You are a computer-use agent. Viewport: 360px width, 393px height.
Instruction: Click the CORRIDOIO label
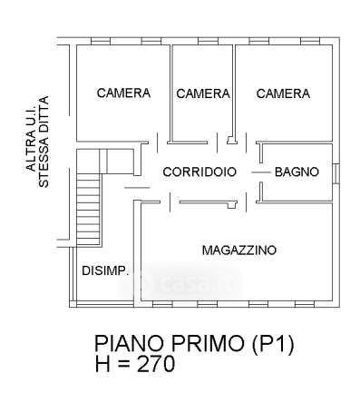click(x=199, y=172)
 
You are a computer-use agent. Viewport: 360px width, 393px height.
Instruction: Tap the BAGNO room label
click(x=297, y=172)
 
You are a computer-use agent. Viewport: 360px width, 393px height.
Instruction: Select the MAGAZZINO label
click(x=239, y=251)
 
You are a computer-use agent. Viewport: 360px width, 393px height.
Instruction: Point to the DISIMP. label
click(x=105, y=270)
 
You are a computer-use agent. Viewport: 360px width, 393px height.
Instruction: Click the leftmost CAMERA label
click(x=123, y=93)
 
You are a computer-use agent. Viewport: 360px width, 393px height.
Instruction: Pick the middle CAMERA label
click(x=203, y=93)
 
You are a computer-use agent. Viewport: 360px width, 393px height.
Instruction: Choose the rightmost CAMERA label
click(x=283, y=93)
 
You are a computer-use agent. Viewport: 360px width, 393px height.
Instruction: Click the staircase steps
click(x=88, y=209)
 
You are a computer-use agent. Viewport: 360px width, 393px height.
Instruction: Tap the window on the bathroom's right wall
click(x=336, y=173)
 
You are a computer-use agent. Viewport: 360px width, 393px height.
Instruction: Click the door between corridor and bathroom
click(x=261, y=172)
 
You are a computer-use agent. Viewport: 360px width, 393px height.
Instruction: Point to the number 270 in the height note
click(x=156, y=364)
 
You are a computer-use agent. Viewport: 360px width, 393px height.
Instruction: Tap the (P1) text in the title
click(x=273, y=344)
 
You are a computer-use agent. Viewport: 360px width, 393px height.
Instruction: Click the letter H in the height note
click(x=102, y=364)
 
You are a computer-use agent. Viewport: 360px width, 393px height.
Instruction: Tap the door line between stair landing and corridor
click(x=137, y=188)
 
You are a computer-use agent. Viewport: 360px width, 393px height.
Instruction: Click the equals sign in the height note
click(x=123, y=364)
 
